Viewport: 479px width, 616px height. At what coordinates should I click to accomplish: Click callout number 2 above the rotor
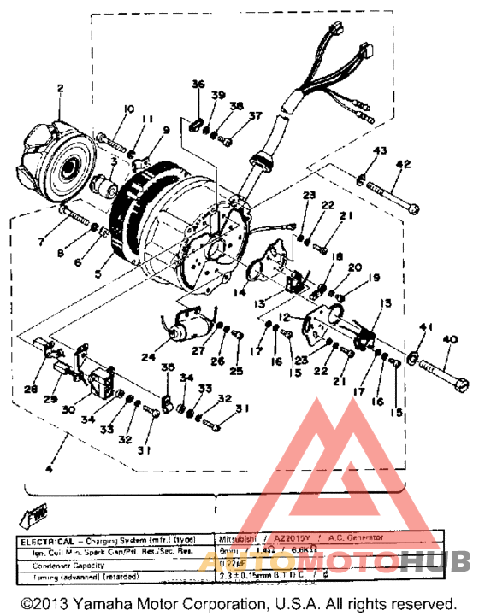[61, 88]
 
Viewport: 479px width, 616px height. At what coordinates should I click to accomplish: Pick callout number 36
[198, 84]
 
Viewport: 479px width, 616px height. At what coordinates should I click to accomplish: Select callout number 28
[31, 390]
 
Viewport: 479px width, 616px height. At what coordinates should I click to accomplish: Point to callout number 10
[129, 109]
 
